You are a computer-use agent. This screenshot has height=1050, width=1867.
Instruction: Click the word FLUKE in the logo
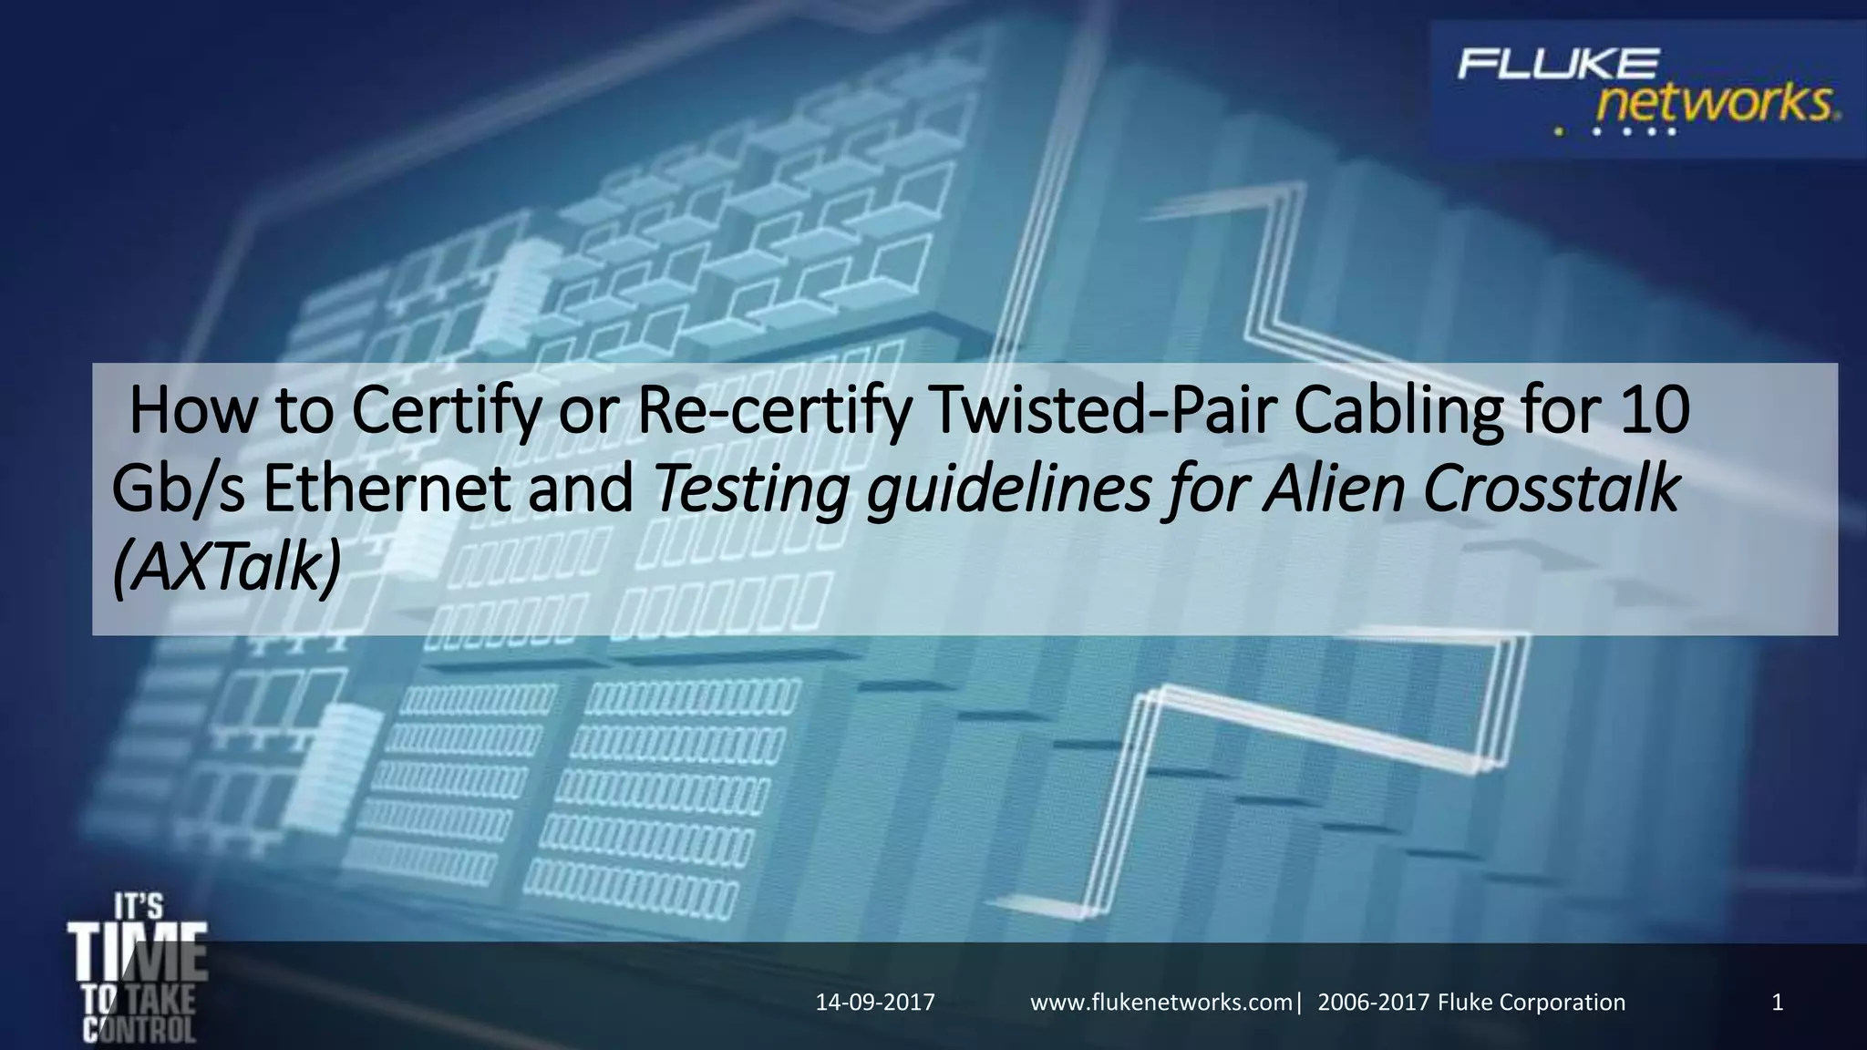(1557, 65)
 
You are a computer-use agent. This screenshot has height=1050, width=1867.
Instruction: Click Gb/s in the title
(179, 490)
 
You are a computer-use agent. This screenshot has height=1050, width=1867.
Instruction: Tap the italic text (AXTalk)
(226, 569)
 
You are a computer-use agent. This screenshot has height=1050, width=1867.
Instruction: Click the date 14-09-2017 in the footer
(875, 1003)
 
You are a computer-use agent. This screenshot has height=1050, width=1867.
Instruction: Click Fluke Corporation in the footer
(1532, 1003)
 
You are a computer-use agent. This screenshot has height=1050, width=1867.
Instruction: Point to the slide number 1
(1777, 1003)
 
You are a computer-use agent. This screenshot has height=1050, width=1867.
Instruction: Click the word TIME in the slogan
(138, 953)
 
